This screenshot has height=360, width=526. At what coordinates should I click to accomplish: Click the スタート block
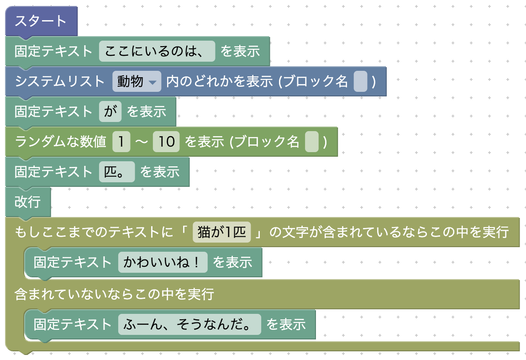click(x=41, y=21)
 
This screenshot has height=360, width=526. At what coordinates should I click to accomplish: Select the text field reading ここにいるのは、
click(x=157, y=51)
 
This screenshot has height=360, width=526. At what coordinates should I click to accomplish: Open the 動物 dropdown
click(x=137, y=82)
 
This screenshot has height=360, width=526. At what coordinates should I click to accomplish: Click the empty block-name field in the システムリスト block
click(x=360, y=82)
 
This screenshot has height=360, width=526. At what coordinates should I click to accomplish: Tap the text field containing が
click(x=110, y=111)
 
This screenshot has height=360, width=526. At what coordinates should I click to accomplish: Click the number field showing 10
click(x=167, y=142)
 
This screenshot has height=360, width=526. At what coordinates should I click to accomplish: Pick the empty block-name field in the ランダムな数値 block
click(x=311, y=142)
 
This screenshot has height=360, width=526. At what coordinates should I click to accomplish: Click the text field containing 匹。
click(x=117, y=172)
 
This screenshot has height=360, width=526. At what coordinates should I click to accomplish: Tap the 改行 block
click(x=27, y=201)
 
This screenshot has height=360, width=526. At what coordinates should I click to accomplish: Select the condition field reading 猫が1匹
click(x=221, y=233)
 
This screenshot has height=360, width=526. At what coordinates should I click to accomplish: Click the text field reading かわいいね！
click(x=163, y=262)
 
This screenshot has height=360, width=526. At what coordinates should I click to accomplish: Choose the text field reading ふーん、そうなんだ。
click(x=189, y=324)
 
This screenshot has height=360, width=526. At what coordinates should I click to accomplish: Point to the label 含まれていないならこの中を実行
click(x=114, y=294)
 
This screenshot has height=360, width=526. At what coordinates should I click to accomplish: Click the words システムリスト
click(x=60, y=82)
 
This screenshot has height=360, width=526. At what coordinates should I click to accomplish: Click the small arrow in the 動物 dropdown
click(x=153, y=83)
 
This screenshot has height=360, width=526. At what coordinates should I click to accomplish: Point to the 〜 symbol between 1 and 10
click(x=142, y=142)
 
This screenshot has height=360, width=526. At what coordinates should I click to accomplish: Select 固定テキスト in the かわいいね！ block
click(x=73, y=262)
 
